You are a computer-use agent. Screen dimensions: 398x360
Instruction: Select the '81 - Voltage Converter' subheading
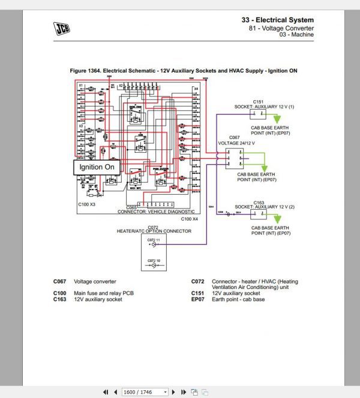[281, 28]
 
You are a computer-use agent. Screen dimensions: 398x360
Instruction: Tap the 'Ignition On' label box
[97, 167]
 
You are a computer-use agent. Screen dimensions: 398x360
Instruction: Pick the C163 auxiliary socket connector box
[259, 213]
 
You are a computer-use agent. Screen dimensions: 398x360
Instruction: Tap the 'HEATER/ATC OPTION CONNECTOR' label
[153, 231]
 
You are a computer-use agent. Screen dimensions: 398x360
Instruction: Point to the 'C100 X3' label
[87, 204]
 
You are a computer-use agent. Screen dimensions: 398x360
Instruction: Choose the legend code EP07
[198, 299]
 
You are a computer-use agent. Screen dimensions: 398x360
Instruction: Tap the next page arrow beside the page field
[175, 392]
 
